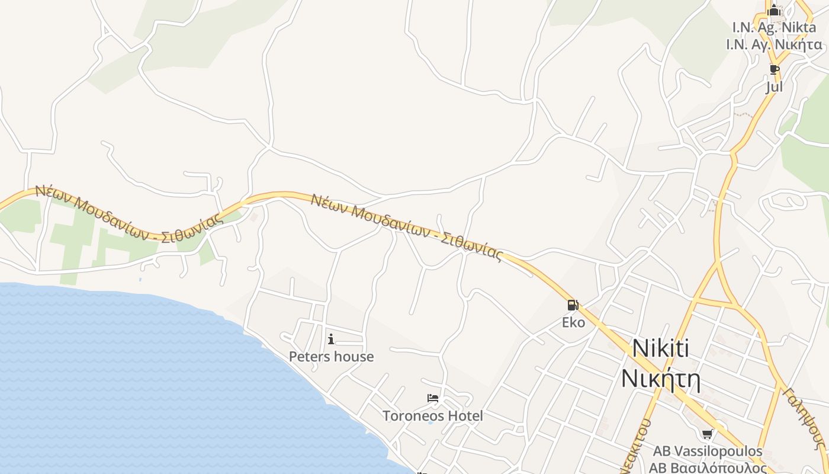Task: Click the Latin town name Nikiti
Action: (x=660, y=348)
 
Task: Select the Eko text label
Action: (x=573, y=322)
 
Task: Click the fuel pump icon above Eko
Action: (x=573, y=305)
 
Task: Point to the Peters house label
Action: (x=331, y=356)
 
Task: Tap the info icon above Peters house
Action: (x=331, y=339)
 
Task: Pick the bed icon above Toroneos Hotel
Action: (x=433, y=398)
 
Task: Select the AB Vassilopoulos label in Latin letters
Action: (x=708, y=451)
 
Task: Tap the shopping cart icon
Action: (x=707, y=434)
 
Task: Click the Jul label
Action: (x=774, y=87)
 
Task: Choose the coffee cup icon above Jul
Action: (x=774, y=69)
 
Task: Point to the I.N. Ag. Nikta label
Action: (x=773, y=27)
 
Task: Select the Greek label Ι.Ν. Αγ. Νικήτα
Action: (x=775, y=44)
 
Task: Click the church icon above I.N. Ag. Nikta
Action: (x=774, y=10)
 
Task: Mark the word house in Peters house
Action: (x=354, y=356)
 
